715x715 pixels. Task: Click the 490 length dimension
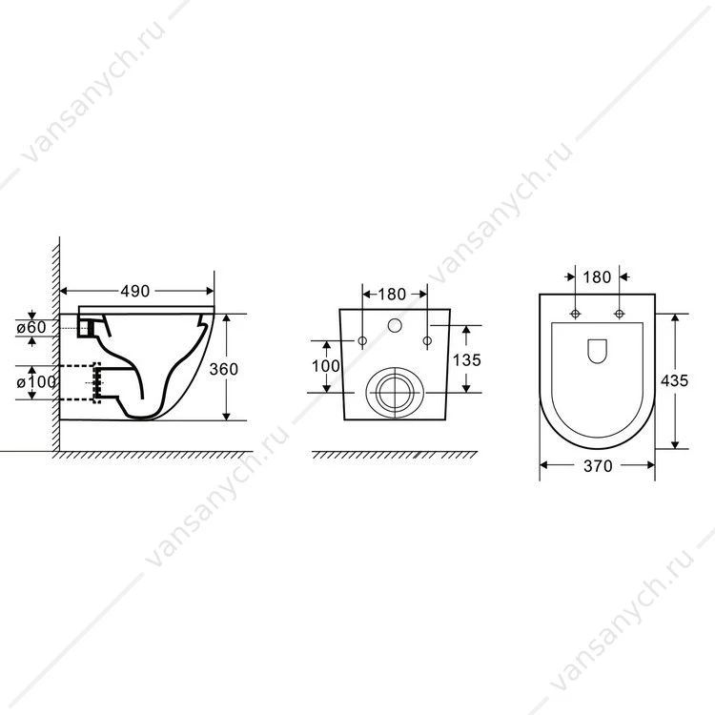(135, 291)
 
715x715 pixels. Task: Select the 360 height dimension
(223, 369)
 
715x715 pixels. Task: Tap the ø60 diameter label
(31, 327)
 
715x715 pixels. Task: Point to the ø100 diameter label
(36, 381)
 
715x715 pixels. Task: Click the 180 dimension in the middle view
(392, 295)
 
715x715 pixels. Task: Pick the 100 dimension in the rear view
(326, 366)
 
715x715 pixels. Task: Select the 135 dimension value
(466, 360)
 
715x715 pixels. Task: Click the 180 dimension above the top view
(597, 276)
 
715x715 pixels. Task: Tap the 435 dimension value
(674, 380)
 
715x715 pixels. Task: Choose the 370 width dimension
(598, 466)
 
